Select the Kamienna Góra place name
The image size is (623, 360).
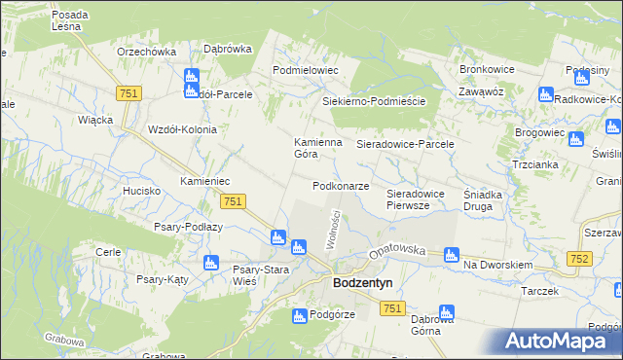(318, 148)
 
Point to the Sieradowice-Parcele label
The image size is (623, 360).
(406, 144)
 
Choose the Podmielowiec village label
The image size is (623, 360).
(305, 71)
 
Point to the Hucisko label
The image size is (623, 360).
(142, 191)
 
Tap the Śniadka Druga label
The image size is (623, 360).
(483, 199)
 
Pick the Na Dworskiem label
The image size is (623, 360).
(498, 265)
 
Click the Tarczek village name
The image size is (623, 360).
(539, 291)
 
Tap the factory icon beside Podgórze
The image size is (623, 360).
(300, 315)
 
